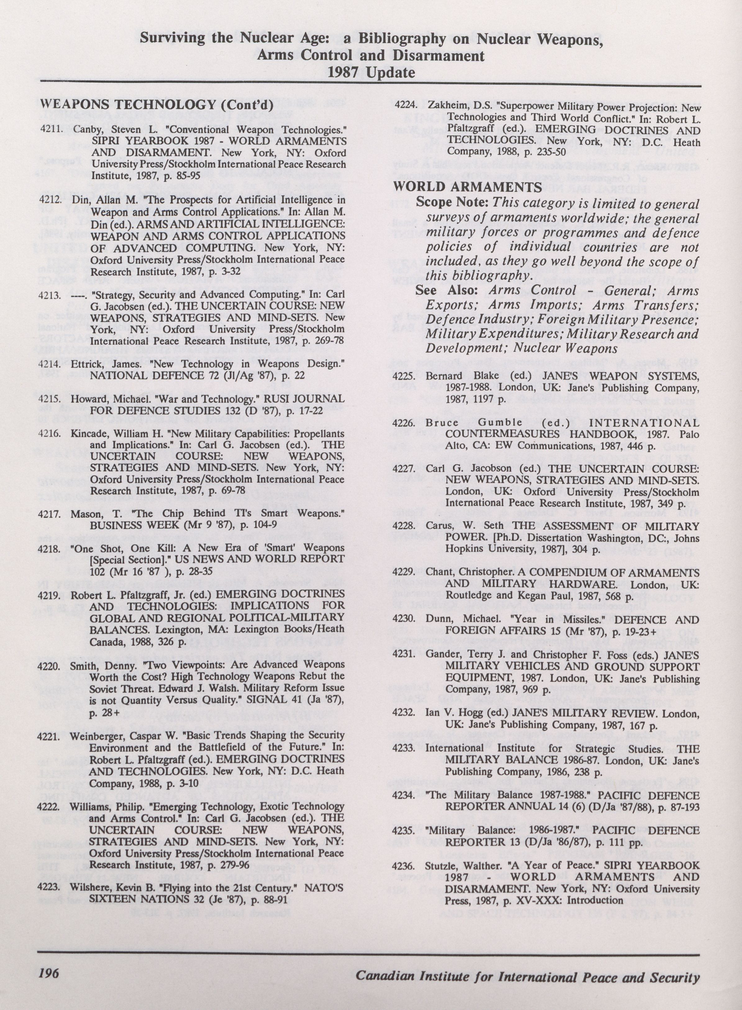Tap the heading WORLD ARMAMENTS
point(467,187)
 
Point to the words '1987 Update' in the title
point(371,72)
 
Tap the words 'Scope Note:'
point(451,202)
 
